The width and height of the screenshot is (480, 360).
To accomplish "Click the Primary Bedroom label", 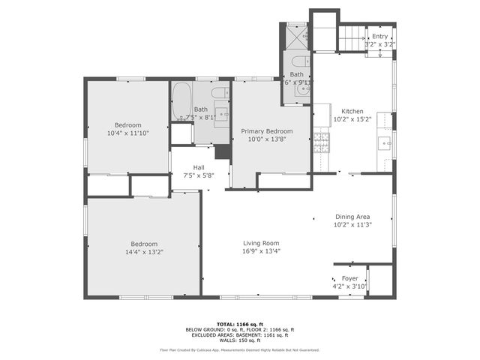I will click(266, 130).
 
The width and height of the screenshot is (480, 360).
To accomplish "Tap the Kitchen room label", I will click(352, 110).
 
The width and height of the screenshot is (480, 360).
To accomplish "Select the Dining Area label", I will click(352, 216).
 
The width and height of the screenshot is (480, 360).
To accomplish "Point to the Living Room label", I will click(260, 243).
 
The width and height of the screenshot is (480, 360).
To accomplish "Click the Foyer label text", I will click(339, 278).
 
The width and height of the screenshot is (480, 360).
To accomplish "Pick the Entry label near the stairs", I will click(379, 36).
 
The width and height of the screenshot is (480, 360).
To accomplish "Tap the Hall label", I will click(199, 167).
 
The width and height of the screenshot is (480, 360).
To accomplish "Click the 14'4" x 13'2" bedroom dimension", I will click(144, 252).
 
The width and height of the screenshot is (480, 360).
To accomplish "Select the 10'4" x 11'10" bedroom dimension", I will click(127, 133).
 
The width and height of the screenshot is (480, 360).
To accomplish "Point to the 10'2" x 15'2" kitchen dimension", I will click(352, 118).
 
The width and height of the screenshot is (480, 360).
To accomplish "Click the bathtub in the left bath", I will click(181, 101).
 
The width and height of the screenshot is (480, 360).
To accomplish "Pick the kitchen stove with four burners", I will click(321, 142).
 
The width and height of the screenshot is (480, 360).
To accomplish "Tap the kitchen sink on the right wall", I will click(385, 142).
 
